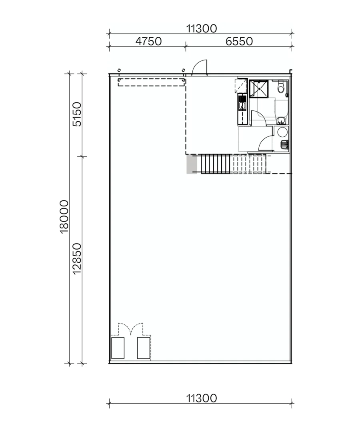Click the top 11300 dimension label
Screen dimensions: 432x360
click(201, 28)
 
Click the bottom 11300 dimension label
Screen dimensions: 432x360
click(201, 398)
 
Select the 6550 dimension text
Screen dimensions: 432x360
click(239, 42)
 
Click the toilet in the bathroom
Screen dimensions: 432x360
click(281, 86)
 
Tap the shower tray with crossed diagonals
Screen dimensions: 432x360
click(259, 88)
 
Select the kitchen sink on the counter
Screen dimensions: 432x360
click(242, 106)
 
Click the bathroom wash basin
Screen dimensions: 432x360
click(282, 120)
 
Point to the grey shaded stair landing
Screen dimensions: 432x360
click(192, 164)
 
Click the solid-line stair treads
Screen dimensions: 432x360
click(215, 164)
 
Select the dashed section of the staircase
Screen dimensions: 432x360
click(248, 164)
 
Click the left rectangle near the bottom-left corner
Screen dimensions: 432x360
click(118, 348)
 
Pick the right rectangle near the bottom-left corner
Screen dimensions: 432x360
click(143, 348)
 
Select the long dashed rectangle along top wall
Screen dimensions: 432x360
click(150, 82)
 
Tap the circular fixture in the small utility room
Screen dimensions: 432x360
click(282, 132)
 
